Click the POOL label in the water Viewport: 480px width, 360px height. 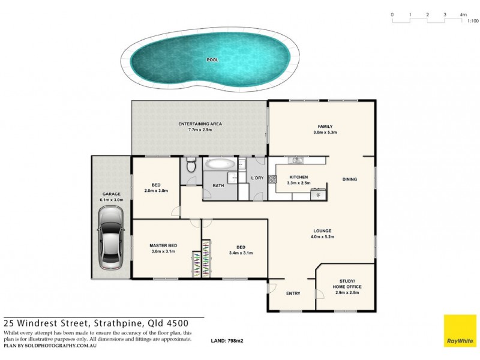click(212, 60)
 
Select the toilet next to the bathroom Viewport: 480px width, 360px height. click(191, 166)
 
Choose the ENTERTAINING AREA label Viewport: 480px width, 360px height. click(200, 124)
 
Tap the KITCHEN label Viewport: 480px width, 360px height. click(299, 178)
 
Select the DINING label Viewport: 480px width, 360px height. click(350, 179)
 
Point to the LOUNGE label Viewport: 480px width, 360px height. click(322, 231)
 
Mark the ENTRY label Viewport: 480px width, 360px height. click(293, 293)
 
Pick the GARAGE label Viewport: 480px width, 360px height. click(112, 194)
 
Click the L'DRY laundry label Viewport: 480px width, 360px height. click(257, 178)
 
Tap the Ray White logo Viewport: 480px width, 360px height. click(460, 331)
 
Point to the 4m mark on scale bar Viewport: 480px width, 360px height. click(463, 14)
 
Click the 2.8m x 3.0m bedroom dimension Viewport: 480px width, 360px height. click(156, 190)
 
